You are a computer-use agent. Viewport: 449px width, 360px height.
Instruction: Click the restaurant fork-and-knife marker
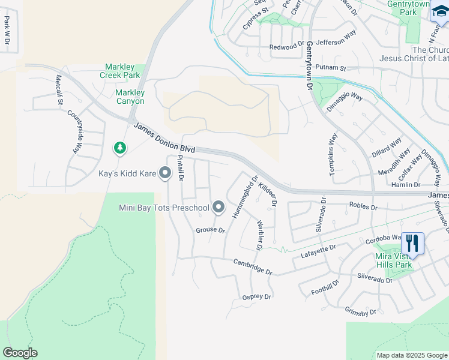click(x=412, y=243)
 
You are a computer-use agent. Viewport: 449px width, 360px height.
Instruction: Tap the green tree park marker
click(x=120, y=148)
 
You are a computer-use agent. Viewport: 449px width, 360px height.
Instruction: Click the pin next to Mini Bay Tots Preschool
click(x=218, y=208)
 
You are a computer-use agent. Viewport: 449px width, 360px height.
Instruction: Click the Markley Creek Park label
click(x=122, y=71)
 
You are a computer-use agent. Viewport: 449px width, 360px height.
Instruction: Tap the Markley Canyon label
click(x=130, y=97)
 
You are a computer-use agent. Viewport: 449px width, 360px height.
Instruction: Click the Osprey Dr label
click(x=256, y=297)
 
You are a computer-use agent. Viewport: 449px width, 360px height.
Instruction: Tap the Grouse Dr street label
click(x=210, y=230)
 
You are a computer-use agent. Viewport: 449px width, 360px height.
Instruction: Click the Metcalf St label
click(x=59, y=89)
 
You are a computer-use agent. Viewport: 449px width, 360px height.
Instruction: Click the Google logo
click(x=20, y=353)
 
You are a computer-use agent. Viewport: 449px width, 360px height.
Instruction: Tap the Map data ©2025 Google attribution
click(x=411, y=355)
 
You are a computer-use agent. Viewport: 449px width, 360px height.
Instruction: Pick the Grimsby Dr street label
click(x=360, y=312)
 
